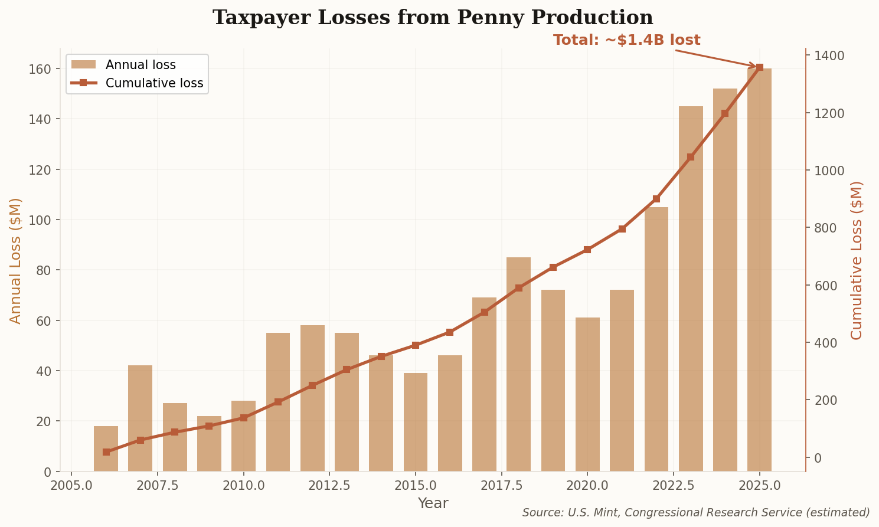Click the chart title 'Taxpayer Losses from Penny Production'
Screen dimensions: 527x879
[x=433, y=18]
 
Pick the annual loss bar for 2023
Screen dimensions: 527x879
[x=691, y=289]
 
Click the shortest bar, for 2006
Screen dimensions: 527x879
[x=106, y=449]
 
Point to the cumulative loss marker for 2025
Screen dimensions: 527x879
[x=759, y=67]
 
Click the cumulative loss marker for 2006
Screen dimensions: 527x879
[x=106, y=452]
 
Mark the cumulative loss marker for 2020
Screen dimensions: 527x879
[x=587, y=250]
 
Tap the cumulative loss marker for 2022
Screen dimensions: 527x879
[x=656, y=199]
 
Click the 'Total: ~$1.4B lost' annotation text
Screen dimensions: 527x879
[x=626, y=40]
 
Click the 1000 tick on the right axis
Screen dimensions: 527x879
[x=829, y=171]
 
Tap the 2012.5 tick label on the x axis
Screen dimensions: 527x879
[x=329, y=486]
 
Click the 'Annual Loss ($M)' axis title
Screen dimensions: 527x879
[x=15, y=260]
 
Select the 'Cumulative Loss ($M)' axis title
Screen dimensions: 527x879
[x=857, y=260]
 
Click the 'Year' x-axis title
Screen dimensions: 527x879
[x=433, y=503]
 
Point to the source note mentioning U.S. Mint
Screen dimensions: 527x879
[x=695, y=513]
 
